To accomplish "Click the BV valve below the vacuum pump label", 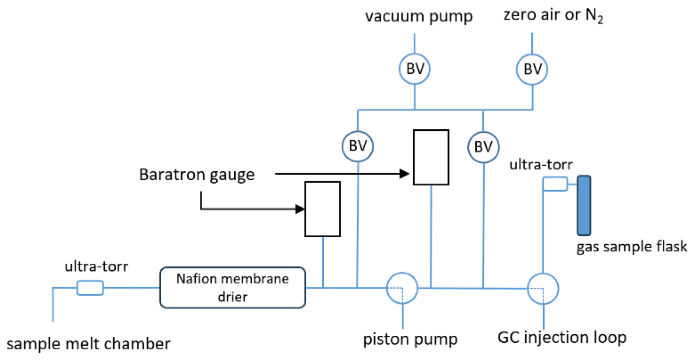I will pos(415,69).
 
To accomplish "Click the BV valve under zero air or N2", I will pos(532,69).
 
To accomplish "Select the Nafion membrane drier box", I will pos(233,287).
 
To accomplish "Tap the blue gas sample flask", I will pos(584,205).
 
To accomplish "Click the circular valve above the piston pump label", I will pos(402,288).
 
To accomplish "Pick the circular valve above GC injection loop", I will pos(543,288).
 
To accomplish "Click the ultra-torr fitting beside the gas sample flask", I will pos(555,184).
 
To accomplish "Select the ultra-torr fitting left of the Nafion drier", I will pos(90,288).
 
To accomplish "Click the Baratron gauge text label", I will pos(197,174).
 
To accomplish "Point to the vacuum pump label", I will pos(419,16).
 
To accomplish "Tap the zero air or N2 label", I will pos(553,15).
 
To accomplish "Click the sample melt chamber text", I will pos(88,344).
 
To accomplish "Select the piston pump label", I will pos(410,339).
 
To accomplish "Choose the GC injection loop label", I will pos(562,337).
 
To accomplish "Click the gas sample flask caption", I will pos(631,246).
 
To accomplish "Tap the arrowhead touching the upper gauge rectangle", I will pos(404,174).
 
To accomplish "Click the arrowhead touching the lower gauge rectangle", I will pos(300,209).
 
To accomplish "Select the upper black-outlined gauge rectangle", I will pos(431,157).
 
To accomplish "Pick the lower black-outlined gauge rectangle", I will pos(323,209).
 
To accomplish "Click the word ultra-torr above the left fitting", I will pos(96,266).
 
